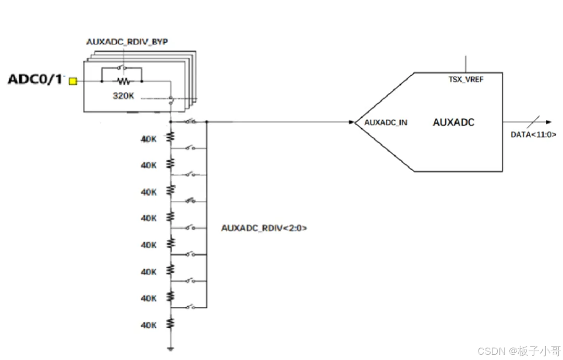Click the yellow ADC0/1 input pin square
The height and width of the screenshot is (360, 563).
click(73, 81)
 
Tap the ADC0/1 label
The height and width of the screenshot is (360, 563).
click(35, 80)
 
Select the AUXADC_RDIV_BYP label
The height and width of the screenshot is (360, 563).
click(127, 42)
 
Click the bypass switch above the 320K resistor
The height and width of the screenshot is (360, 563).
click(122, 67)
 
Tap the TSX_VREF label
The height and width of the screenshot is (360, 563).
click(466, 79)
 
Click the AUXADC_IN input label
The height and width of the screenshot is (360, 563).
click(386, 123)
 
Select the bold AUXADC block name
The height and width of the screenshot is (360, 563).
click(454, 123)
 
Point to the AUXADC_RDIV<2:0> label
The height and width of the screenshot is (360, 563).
click(264, 228)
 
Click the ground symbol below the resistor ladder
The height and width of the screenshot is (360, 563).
click(170, 347)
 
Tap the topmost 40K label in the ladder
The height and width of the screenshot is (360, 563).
click(149, 139)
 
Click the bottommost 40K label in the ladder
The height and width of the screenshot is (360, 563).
click(149, 326)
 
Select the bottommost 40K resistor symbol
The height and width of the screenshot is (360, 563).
click(170, 323)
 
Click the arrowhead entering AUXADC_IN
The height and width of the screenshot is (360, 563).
click(351, 123)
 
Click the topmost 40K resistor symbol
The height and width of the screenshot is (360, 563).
click(170, 137)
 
